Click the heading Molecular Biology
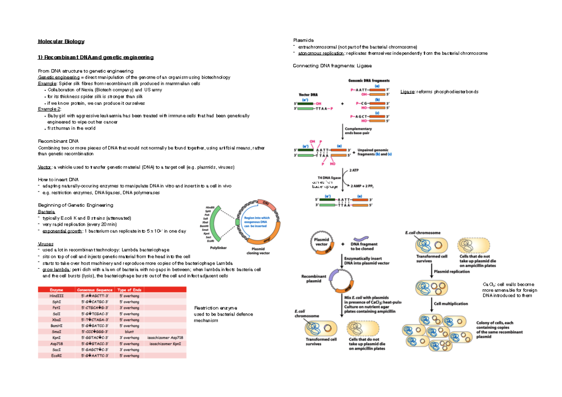pos(61,42)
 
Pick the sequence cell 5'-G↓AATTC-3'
pos(96,356)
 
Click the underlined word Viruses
pos(45,244)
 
